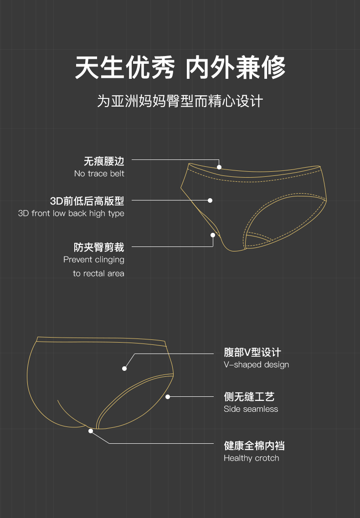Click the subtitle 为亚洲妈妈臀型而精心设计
180,101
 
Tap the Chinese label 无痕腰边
104,161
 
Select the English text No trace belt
99,174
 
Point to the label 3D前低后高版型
87,201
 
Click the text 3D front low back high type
71,213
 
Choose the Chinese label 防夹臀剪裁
99,247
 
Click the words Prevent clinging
94,260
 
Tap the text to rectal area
98,273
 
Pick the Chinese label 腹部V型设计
252,352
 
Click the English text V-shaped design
256,364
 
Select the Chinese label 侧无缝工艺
249,397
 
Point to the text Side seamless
251,409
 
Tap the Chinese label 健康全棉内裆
254,446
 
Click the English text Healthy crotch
251,458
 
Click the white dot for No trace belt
219,167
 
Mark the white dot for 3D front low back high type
210,200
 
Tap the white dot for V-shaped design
124,368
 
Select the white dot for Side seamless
168,397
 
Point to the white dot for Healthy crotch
91,431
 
